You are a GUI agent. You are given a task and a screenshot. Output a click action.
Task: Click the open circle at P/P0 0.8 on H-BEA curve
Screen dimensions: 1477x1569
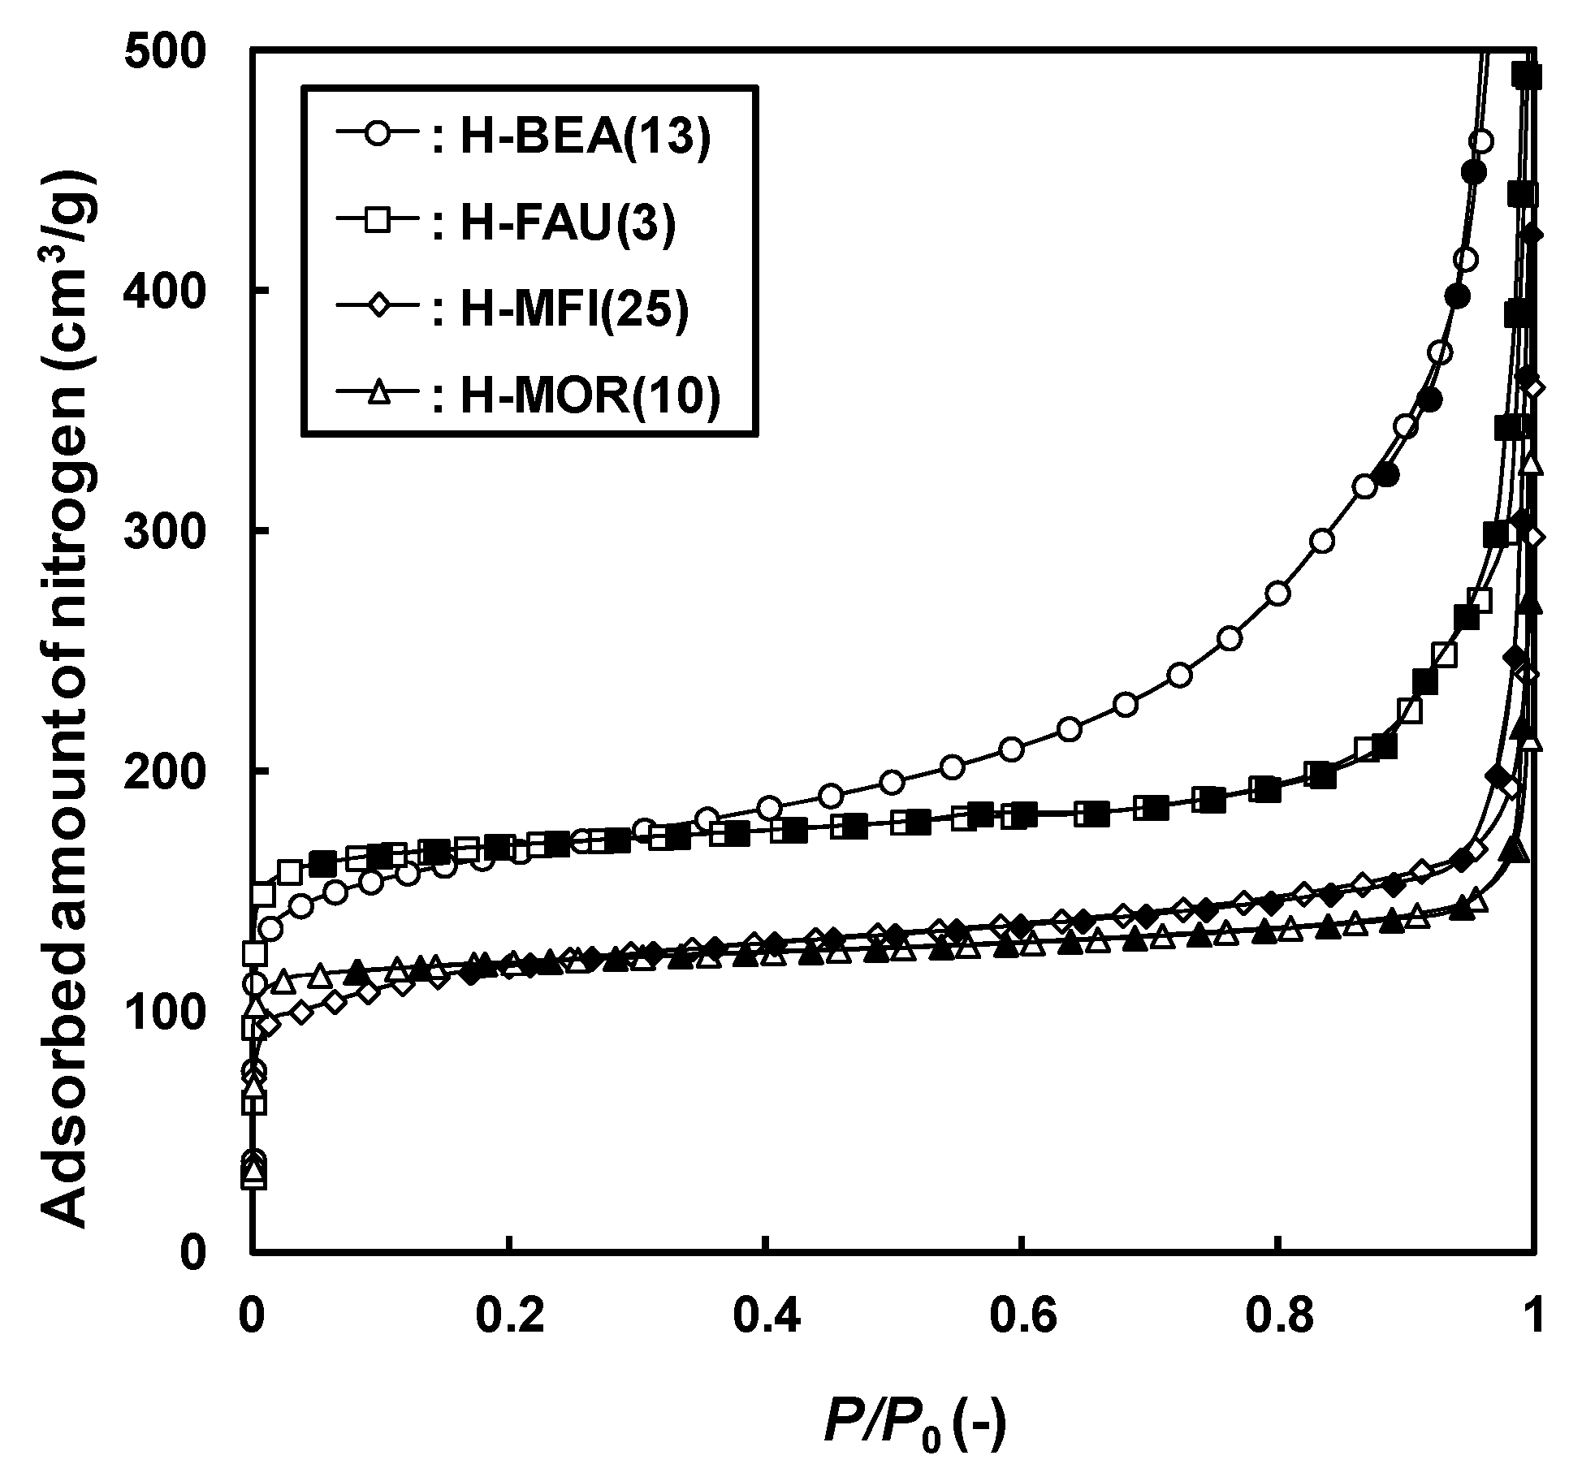[1278, 594]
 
